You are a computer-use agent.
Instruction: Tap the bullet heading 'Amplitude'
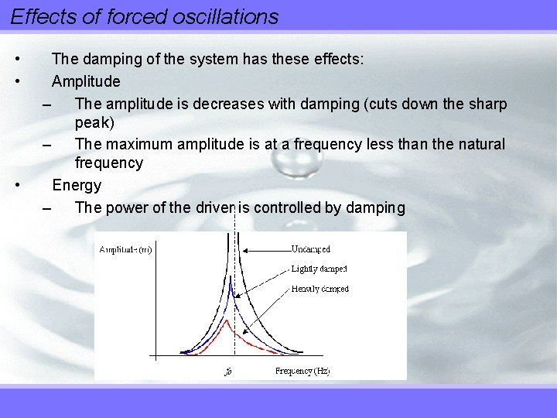tap(86, 81)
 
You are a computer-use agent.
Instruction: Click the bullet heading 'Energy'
tap(77, 185)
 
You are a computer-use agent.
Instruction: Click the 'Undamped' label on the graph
tap(310, 249)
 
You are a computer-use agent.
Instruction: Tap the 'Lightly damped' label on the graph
tap(319, 269)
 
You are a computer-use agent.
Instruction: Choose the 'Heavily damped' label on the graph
tap(320, 289)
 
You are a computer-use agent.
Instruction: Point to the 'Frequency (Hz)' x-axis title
tap(302, 371)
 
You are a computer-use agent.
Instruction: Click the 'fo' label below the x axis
tap(228, 372)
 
